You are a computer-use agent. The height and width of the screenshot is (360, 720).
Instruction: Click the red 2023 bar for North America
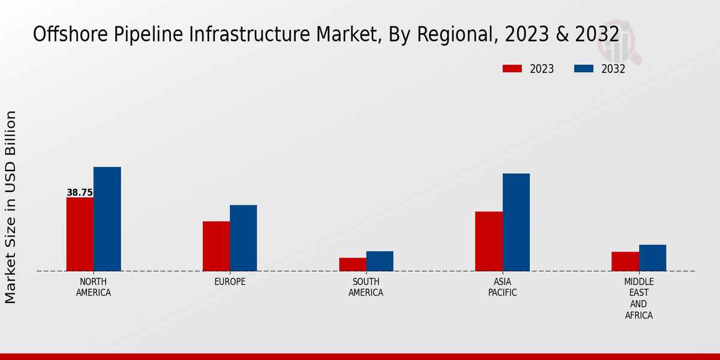80,234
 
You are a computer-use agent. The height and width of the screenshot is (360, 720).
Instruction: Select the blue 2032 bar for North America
107,219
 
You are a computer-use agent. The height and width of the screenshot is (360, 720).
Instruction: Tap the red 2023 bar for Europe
216,246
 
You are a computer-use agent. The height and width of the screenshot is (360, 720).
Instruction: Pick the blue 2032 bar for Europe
243,238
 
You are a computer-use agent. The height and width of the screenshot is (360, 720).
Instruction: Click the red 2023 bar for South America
352,265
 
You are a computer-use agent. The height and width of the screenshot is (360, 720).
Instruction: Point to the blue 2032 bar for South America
380,261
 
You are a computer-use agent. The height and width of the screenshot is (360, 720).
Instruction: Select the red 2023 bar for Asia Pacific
488,241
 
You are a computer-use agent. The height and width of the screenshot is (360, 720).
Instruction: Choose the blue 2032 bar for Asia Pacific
516,222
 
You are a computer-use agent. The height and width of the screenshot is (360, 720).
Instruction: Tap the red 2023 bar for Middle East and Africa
625,262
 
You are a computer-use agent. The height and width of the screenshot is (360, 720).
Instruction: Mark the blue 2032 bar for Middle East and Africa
652,258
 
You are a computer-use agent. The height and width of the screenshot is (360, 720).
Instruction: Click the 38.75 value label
80,193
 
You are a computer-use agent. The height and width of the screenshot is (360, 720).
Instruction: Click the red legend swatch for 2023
512,69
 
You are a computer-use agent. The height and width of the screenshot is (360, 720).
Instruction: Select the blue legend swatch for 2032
583,69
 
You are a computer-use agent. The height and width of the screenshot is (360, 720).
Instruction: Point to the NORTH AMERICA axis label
94,287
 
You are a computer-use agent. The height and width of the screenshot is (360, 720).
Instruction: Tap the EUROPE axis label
230,282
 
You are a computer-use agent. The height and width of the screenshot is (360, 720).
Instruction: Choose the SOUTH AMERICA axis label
366,287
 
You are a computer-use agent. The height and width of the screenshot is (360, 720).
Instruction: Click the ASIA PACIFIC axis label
502,287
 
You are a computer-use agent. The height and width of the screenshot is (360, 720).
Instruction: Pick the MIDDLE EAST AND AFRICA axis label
639,298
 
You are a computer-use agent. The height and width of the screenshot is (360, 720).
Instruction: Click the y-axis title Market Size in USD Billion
11,207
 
